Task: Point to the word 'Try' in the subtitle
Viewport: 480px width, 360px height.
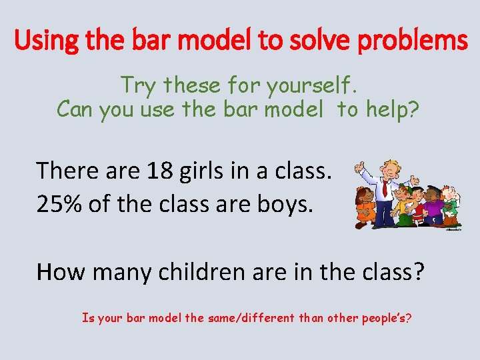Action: pos(139,85)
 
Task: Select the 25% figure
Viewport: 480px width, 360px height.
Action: pos(60,203)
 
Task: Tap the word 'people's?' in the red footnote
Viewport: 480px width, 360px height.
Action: pos(384,318)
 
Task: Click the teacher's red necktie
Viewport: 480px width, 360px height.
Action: pos(386,189)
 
